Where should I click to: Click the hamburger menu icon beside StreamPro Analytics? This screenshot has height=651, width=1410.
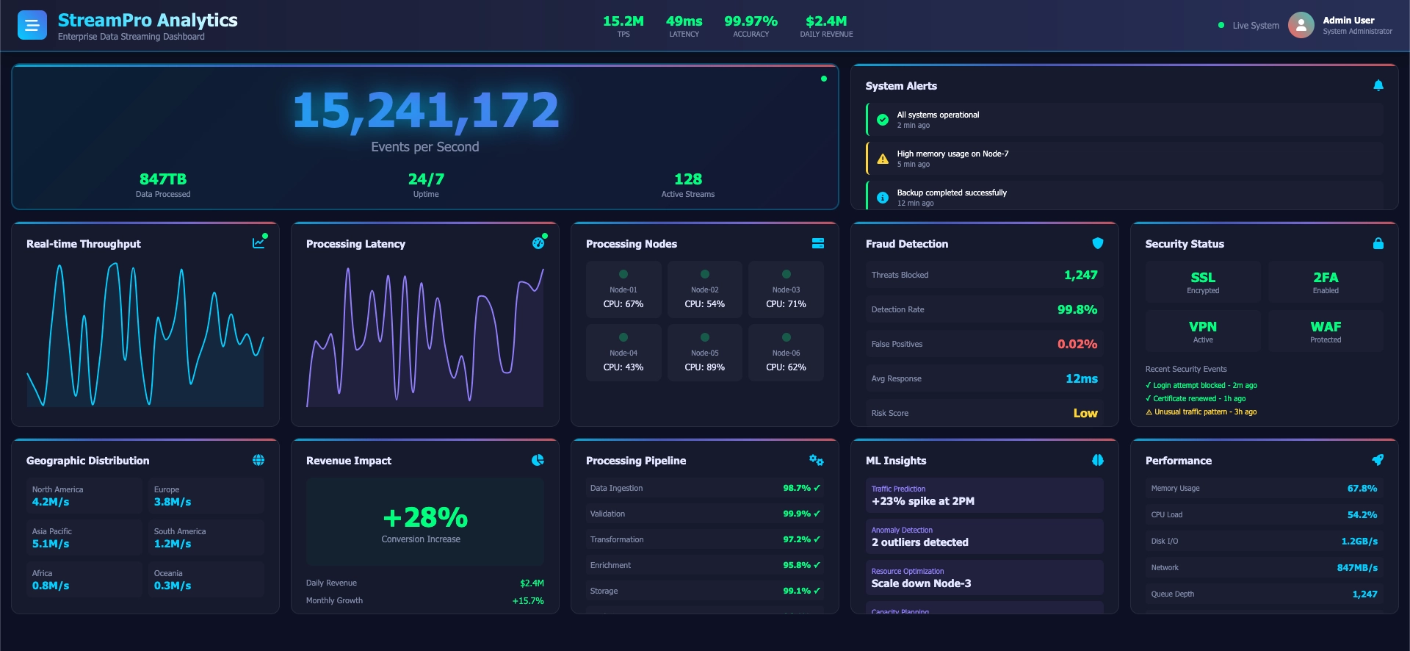point(32,26)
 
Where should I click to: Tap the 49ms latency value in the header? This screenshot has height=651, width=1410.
point(684,21)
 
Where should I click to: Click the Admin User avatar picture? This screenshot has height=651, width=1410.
point(1301,25)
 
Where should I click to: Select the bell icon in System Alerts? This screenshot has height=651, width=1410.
point(1378,86)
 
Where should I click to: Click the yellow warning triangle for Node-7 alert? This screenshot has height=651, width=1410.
point(883,159)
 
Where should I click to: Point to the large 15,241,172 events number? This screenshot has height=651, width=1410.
point(425,111)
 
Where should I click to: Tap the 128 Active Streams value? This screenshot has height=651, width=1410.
point(687,179)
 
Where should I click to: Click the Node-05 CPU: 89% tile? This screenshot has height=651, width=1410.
point(704,353)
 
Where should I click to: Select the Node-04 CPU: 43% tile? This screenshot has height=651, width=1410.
point(623,353)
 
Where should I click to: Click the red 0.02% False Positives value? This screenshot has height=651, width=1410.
point(1077,344)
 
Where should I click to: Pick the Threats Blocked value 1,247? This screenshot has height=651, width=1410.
point(1080,275)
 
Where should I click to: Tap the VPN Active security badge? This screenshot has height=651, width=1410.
point(1202,331)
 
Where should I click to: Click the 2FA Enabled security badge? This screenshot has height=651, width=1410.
point(1325,282)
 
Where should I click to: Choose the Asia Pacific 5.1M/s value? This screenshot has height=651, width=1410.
point(51,544)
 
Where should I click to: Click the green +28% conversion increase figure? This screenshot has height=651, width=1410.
point(425,518)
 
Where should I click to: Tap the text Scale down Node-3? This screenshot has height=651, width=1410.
point(921,583)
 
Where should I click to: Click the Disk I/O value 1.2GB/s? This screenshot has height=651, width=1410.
point(1359,541)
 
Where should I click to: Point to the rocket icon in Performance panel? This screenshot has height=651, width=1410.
point(1377,460)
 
